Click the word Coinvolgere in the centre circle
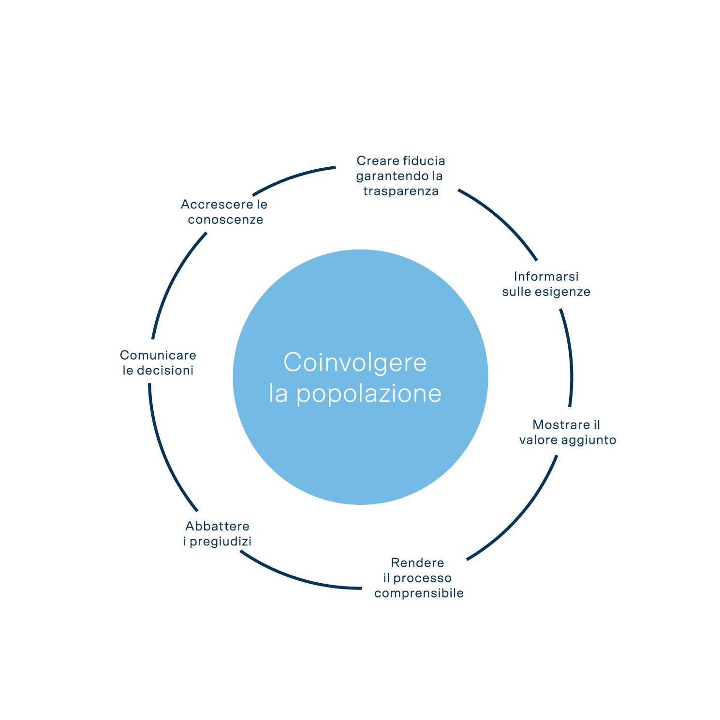pyautogui.click(x=355, y=363)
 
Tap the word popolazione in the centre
pyautogui.click(x=368, y=394)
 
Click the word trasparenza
pyautogui.click(x=401, y=191)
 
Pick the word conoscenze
pyautogui.click(x=225, y=220)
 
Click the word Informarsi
pyautogui.click(x=546, y=277)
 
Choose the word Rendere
pyautogui.click(x=417, y=563)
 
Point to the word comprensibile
pyautogui.click(x=419, y=593)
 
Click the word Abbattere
pyautogui.click(x=217, y=526)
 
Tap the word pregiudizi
pyautogui.click(x=220, y=542)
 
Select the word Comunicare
pyautogui.click(x=158, y=355)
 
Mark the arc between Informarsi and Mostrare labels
pyautogui.click(x=571, y=358)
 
